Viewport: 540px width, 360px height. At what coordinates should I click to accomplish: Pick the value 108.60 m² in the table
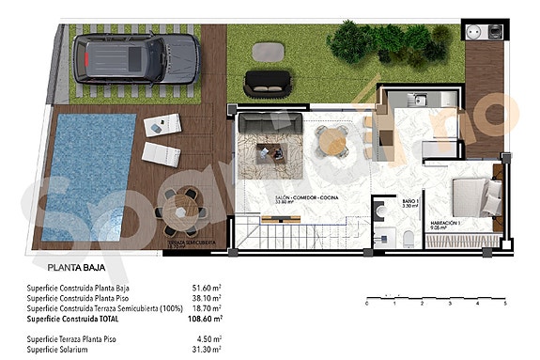click(x=203, y=319)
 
